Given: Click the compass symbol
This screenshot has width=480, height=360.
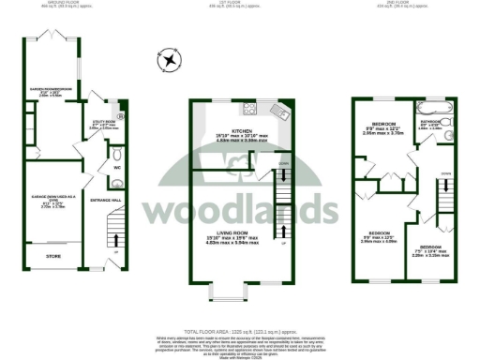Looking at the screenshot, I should click(169, 62).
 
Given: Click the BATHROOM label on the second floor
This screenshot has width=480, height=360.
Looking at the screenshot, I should click(430, 122).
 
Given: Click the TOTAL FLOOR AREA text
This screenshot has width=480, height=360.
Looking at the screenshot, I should click(239, 332).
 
